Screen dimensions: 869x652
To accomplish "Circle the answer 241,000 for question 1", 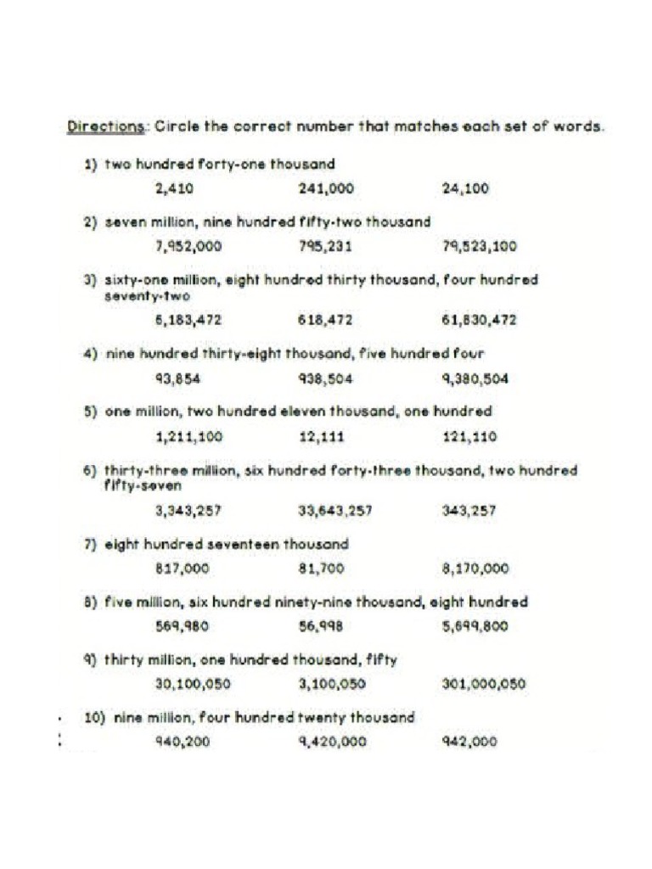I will (326, 189).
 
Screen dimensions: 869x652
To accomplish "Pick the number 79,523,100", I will (479, 247).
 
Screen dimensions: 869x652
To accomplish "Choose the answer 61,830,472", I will (479, 321).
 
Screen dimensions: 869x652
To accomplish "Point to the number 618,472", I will (325, 321).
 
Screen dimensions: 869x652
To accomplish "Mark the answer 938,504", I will (325, 379).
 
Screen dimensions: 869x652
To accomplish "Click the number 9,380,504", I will (475, 379).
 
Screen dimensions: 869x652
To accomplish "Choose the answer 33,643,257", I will (334, 511).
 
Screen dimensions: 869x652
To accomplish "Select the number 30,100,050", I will (194, 684).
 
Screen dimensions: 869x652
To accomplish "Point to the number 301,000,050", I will (484, 684).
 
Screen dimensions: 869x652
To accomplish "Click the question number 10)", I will (94, 718).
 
